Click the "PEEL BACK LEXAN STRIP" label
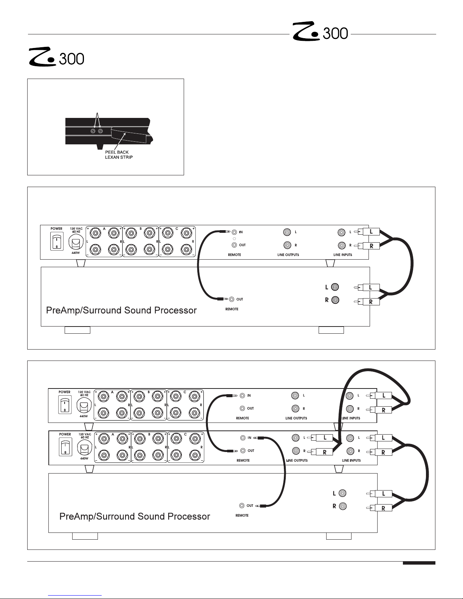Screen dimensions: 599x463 (x=119, y=155)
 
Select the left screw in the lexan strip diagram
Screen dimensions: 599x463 (x=93, y=131)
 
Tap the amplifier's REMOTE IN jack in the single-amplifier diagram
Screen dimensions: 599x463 (x=235, y=232)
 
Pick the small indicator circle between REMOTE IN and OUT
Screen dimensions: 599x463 (x=234, y=239)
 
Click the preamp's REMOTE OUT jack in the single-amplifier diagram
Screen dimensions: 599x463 (x=232, y=299)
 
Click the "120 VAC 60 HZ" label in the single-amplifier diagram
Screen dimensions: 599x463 (x=76, y=230)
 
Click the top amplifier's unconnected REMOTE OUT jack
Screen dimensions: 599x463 (x=242, y=409)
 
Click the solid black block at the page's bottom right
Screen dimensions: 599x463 (x=419, y=563)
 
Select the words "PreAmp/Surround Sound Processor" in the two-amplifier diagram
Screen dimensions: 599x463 (x=135, y=516)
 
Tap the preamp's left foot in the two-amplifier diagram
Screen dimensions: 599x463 (x=85, y=536)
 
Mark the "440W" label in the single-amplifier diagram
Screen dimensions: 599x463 (x=76, y=253)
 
